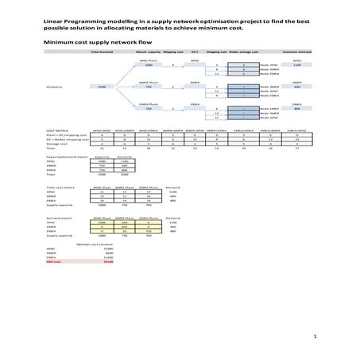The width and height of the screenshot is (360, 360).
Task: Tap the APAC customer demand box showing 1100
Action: (x=297, y=64)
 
